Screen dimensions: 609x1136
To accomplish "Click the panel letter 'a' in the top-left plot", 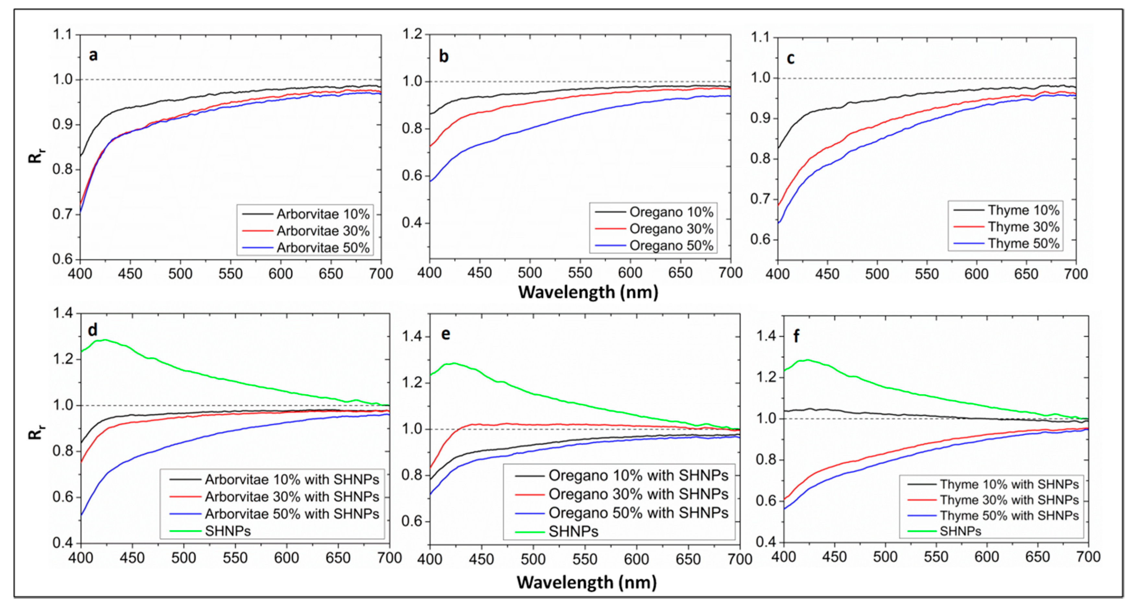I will tap(93, 55).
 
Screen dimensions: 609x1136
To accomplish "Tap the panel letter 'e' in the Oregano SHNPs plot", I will tap(445, 335).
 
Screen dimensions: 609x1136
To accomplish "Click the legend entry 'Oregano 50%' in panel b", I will tap(671, 245).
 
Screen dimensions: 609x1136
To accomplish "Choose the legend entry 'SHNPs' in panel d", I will tap(228, 531).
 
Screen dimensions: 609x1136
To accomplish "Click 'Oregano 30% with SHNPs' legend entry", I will tap(638, 494).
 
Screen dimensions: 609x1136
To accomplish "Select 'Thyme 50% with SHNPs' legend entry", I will tap(1009, 516).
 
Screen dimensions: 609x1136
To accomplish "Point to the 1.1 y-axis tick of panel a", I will tap(62, 34).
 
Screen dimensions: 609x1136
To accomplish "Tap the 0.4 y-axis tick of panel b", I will tap(412, 223).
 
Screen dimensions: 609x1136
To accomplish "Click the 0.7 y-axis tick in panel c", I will tap(761, 199).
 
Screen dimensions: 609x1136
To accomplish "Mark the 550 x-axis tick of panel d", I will tap(235, 558).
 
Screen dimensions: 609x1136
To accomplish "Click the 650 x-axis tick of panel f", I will tap(1037, 557).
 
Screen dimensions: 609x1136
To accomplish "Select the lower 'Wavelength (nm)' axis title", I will tap(586, 582).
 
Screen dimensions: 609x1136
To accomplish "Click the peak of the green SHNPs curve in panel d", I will tap(104, 340).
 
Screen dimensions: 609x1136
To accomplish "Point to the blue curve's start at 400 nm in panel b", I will tap(431, 181).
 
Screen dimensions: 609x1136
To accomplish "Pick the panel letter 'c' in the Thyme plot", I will tap(790, 59).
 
